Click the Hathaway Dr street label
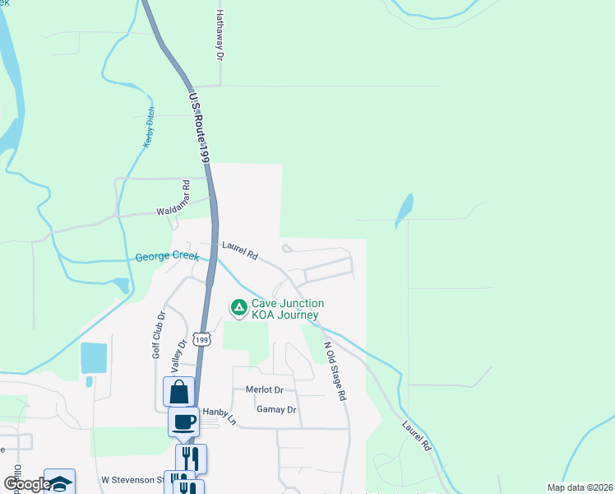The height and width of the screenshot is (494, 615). coord(220,35)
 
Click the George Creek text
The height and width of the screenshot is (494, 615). coord(167,257)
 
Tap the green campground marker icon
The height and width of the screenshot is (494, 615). coord(238,309)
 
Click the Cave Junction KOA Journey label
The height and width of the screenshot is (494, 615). coord(288,310)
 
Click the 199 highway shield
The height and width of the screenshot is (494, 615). coord(201,339)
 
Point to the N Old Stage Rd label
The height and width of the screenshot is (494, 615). coord(335,370)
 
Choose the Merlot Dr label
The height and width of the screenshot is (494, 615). coord(264,389)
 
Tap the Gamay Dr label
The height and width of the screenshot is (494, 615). coord(275,409)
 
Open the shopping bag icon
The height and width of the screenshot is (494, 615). coord(178,392)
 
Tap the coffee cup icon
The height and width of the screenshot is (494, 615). coord(183,422)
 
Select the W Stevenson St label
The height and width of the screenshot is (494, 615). coord(132,479)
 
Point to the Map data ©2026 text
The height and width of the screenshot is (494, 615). coord(569,487)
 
